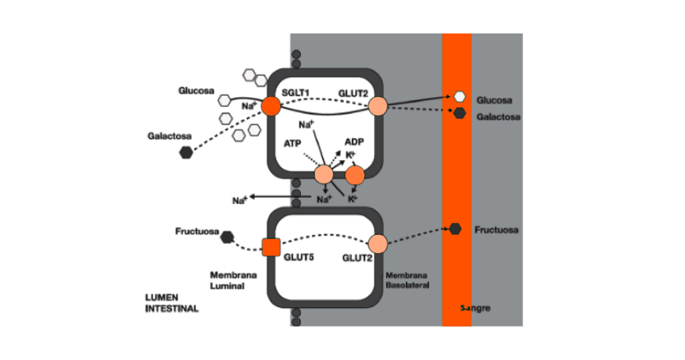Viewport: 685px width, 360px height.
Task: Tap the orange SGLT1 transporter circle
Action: pyautogui.click(x=271, y=106)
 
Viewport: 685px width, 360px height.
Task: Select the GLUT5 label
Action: pyautogui.click(x=298, y=256)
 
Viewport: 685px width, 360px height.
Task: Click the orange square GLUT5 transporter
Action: pyautogui.click(x=271, y=247)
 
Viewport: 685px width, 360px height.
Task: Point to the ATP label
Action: pyautogui.click(x=292, y=143)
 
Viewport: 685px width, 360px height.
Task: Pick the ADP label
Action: pyautogui.click(x=354, y=142)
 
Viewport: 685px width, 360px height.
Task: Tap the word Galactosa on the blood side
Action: pyautogui.click(x=498, y=117)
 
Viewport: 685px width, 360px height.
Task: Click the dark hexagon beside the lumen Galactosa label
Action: pyautogui.click(x=185, y=153)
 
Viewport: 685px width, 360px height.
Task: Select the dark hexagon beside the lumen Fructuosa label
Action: pyautogui.click(x=227, y=236)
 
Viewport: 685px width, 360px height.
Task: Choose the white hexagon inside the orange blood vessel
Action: pyautogui.click(x=460, y=96)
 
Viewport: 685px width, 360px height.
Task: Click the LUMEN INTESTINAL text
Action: pyautogui.click(x=172, y=303)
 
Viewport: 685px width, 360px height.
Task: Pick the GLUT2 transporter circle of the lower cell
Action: pyautogui.click(x=378, y=244)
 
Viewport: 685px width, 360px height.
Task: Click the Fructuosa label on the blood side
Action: pyautogui.click(x=496, y=230)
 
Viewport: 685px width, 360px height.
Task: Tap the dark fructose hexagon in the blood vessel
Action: pyautogui.click(x=456, y=229)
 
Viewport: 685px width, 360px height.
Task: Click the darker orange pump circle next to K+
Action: pyautogui.click(x=355, y=175)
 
